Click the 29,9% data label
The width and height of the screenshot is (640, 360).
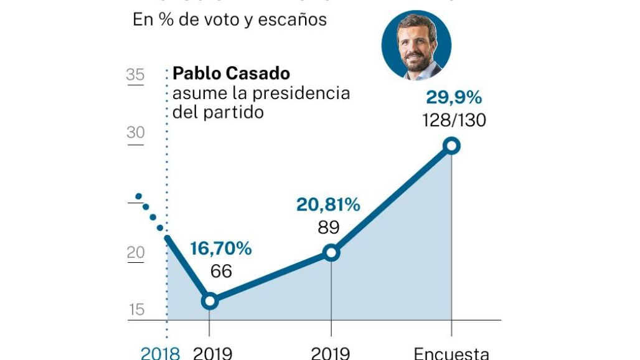454,98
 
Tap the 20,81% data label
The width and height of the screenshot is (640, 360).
328,205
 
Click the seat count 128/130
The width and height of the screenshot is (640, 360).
454,120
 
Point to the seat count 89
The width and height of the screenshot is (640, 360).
328,227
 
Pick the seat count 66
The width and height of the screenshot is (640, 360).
221,272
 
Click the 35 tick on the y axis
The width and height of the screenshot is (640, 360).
135,76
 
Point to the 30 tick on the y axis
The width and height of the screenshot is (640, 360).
135,133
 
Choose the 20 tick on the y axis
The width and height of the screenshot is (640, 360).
135,253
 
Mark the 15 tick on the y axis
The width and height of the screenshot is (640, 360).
135,310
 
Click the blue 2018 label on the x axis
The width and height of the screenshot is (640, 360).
160,353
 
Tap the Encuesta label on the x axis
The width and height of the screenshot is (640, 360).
451,353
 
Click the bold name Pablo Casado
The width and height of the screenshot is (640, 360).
231,73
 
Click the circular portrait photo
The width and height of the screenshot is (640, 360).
416,45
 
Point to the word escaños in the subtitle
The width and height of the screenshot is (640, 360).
295,19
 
